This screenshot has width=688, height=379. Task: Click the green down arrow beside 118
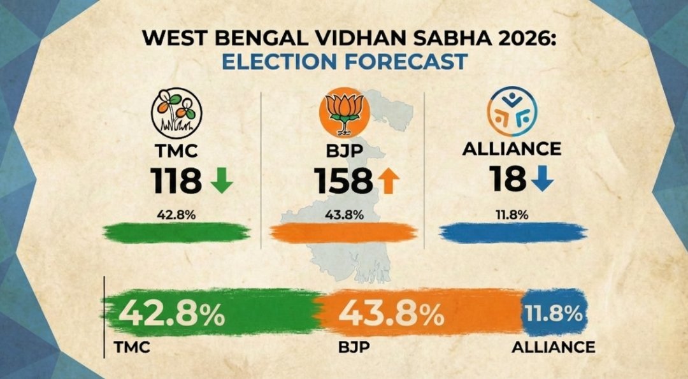click(222, 182)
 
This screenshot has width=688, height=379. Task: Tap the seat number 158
click(343, 182)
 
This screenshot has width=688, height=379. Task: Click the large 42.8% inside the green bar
click(172, 313)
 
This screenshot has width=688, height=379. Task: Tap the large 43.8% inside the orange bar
click(391, 313)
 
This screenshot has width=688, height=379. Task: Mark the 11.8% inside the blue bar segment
click(553, 313)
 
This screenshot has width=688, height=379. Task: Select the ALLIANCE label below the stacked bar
click(553, 348)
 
